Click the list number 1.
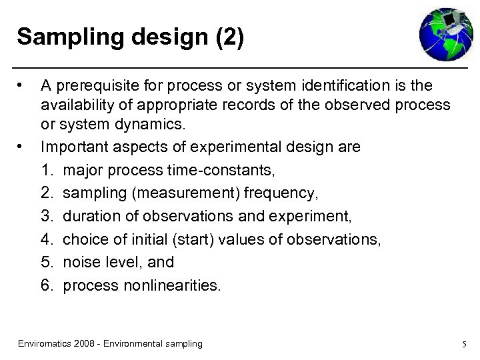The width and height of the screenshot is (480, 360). coord(46,170)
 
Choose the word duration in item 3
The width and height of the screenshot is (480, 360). coord(89,216)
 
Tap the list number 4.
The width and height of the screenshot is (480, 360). coord(46,239)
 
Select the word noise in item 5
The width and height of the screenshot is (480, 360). coord(81,262)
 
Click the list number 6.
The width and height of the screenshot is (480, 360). coord(46,285)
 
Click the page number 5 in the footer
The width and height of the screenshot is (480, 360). coord(463,344)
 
